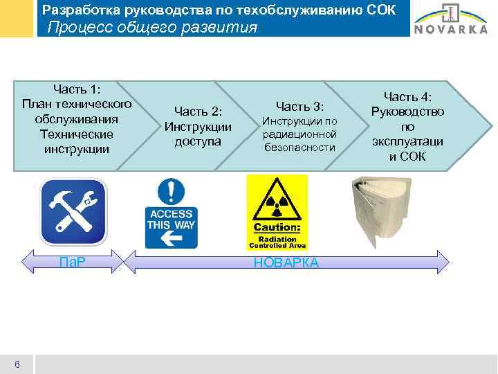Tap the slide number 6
pos(17,364)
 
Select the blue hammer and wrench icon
pos(73,211)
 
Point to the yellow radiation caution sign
pos(277,211)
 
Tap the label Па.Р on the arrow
pos(72,262)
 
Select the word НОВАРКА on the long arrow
pos(286,262)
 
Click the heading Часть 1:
pos(77,89)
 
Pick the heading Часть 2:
pos(198,111)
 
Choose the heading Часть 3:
pos(299,106)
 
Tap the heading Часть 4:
pos(407,96)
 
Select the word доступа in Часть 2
pos(198,141)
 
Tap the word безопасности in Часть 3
pos(299,148)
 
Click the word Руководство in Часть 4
pos(407,112)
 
